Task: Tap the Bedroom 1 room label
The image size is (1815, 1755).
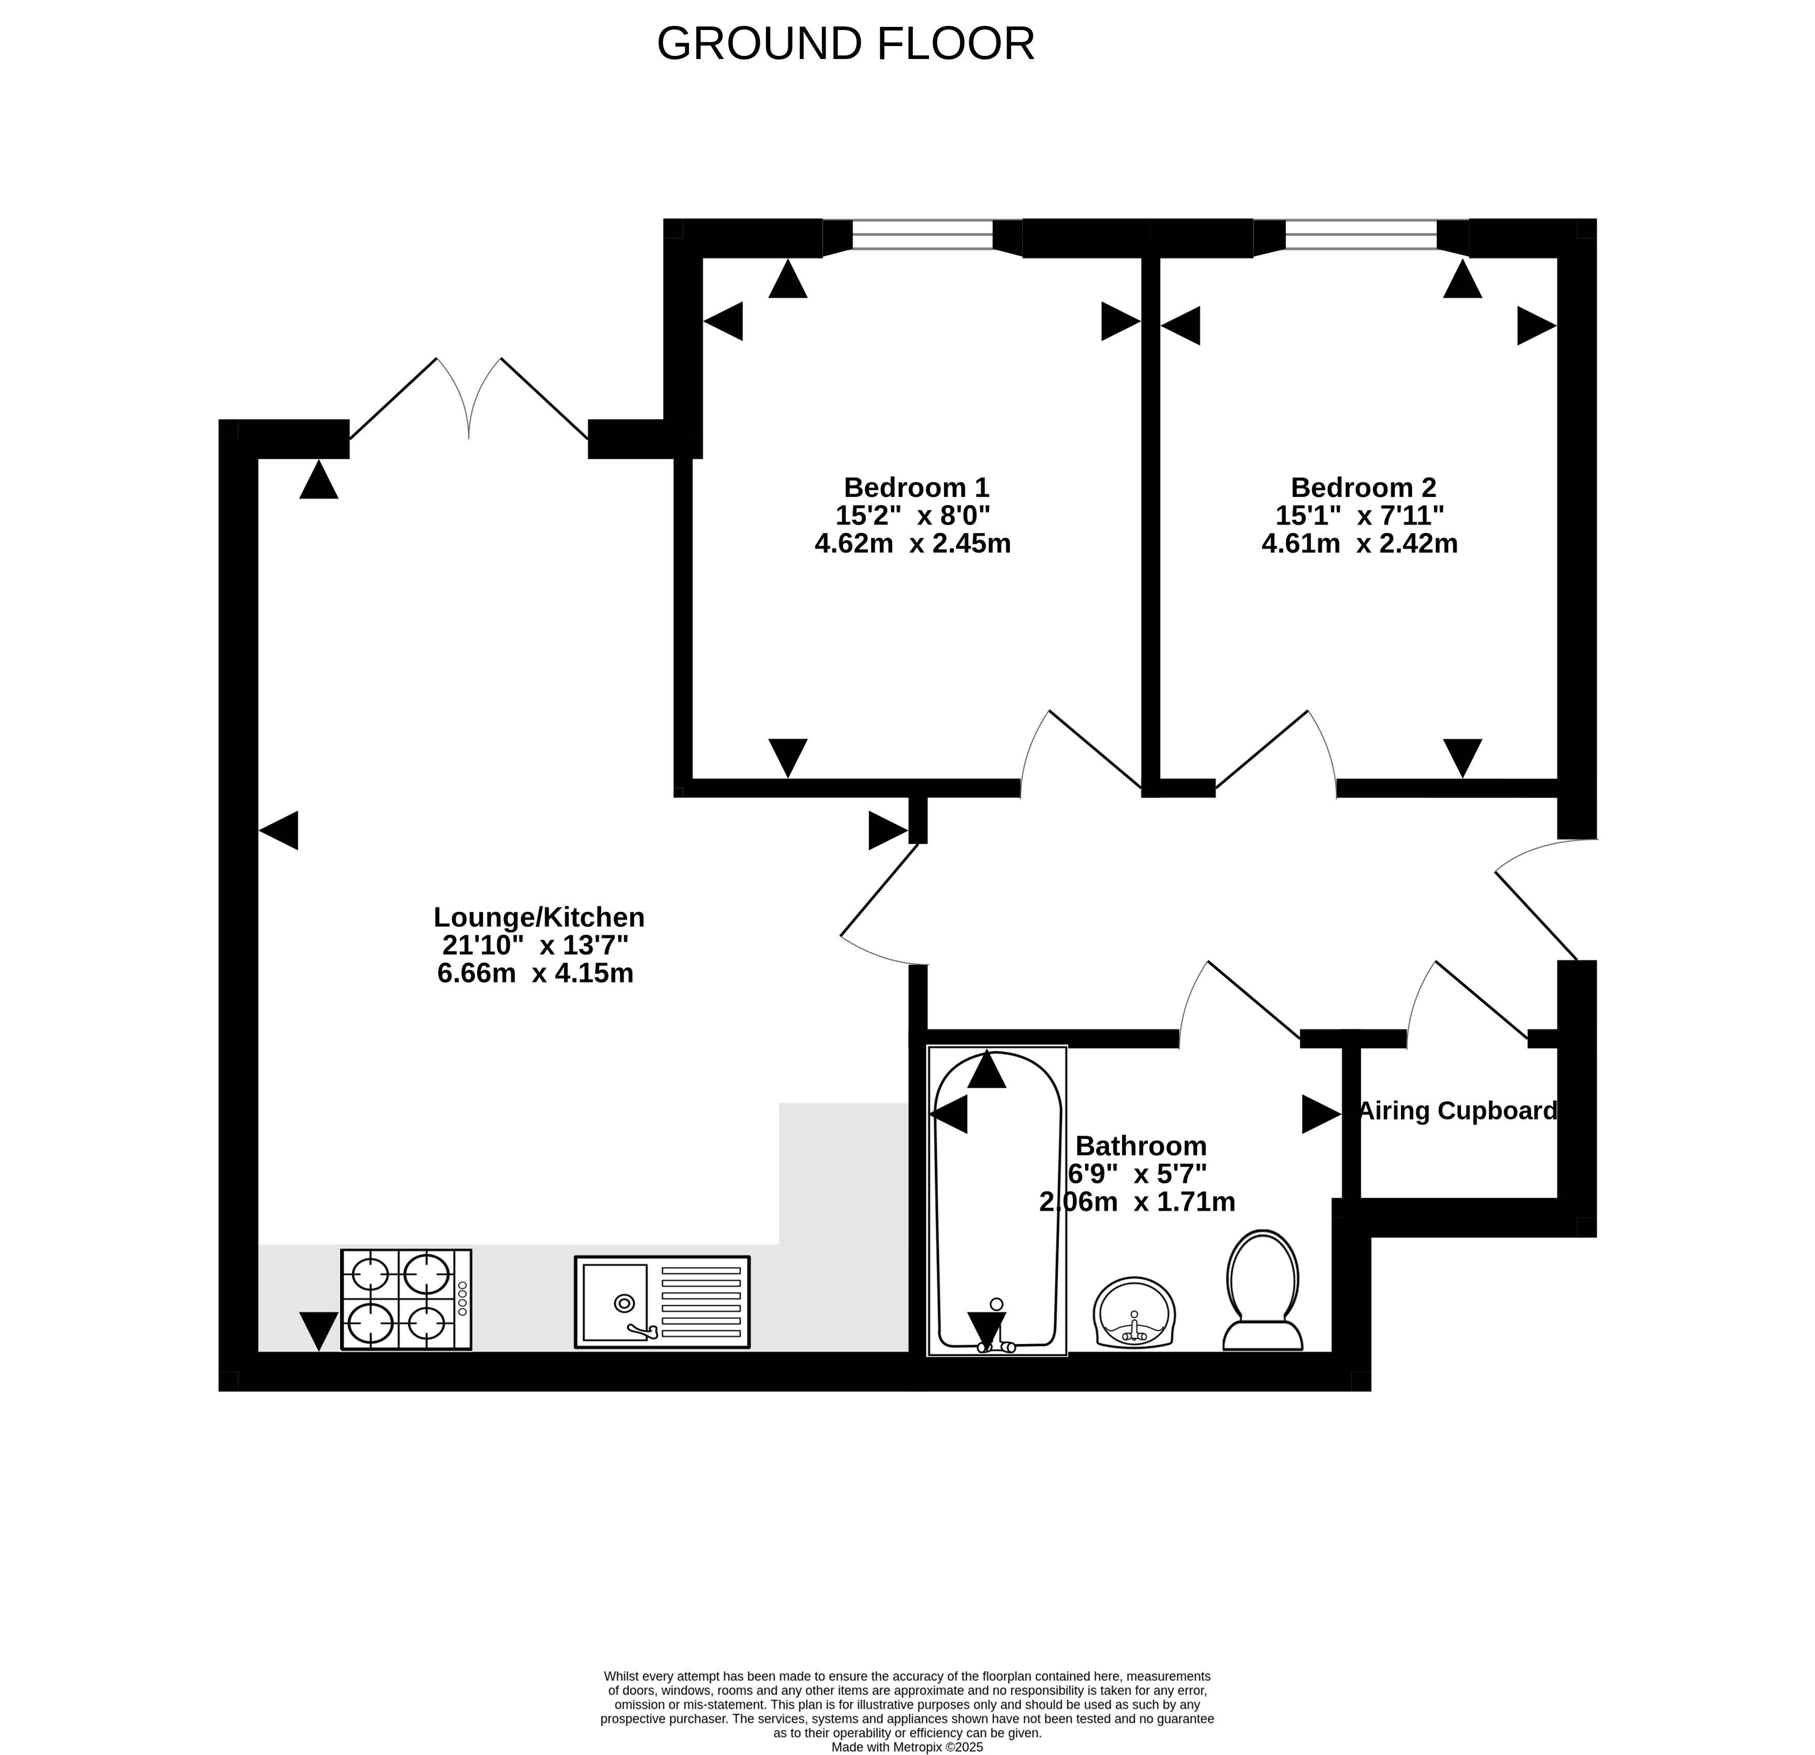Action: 916,487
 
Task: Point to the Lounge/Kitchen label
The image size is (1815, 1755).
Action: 539,917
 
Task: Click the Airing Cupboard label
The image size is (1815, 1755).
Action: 1457,1111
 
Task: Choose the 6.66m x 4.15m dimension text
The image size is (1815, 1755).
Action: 535,974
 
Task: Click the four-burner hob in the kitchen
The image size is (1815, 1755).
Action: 406,1300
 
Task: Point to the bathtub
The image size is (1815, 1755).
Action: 997,1200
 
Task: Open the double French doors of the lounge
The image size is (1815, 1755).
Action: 468,398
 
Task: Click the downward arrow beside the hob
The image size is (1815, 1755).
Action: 319,1331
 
